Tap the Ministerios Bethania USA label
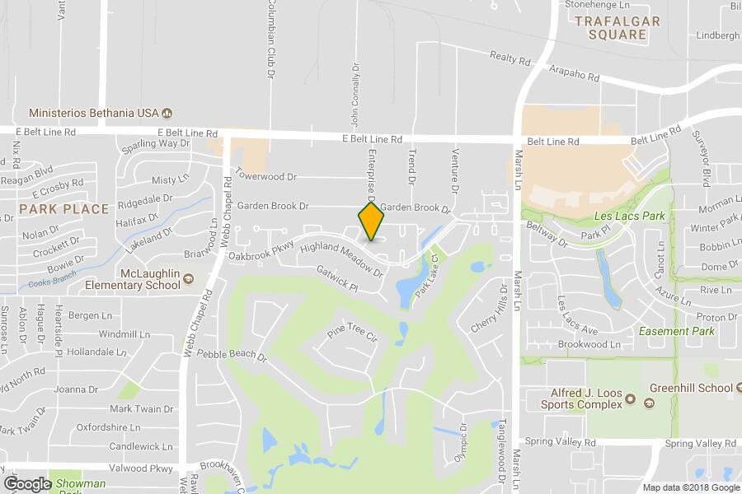click(93, 112)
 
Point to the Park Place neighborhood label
click(64, 209)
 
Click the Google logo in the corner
click(27, 483)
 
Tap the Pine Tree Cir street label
click(352, 335)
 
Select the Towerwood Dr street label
click(265, 176)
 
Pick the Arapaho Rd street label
click(574, 74)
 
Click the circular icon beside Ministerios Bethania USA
click(167, 113)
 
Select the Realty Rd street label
click(510, 58)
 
